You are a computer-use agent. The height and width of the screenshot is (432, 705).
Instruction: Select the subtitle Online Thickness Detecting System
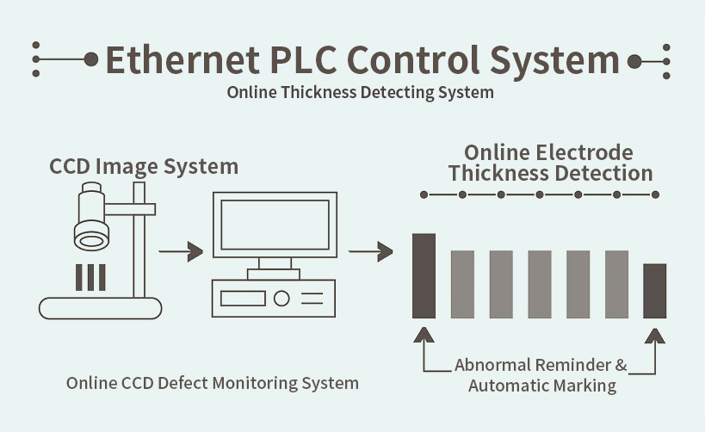coord(361,92)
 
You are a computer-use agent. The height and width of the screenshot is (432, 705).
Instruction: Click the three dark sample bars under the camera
coord(90,276)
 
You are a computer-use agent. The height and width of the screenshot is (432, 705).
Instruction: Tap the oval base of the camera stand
coord(101,307)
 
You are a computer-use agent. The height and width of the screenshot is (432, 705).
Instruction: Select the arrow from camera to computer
coord(181,252)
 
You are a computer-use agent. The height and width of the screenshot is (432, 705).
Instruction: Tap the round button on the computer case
coord(281,299)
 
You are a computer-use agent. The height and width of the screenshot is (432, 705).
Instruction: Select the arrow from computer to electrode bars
coord(370,252)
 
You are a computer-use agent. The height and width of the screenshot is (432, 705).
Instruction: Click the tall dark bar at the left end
coord(424,275)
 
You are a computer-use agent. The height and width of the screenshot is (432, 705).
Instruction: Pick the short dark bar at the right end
coord(655,290)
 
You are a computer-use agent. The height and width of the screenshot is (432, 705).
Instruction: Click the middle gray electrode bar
coord(540,283)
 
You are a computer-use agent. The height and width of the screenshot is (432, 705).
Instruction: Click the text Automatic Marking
coord(542,386)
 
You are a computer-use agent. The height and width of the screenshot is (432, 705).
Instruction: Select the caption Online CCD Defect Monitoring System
coord(213,382)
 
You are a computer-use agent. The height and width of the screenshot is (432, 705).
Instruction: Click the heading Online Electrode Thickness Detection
coord(550,163)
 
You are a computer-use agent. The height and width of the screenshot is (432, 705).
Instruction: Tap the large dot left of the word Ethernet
coord(91,60)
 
